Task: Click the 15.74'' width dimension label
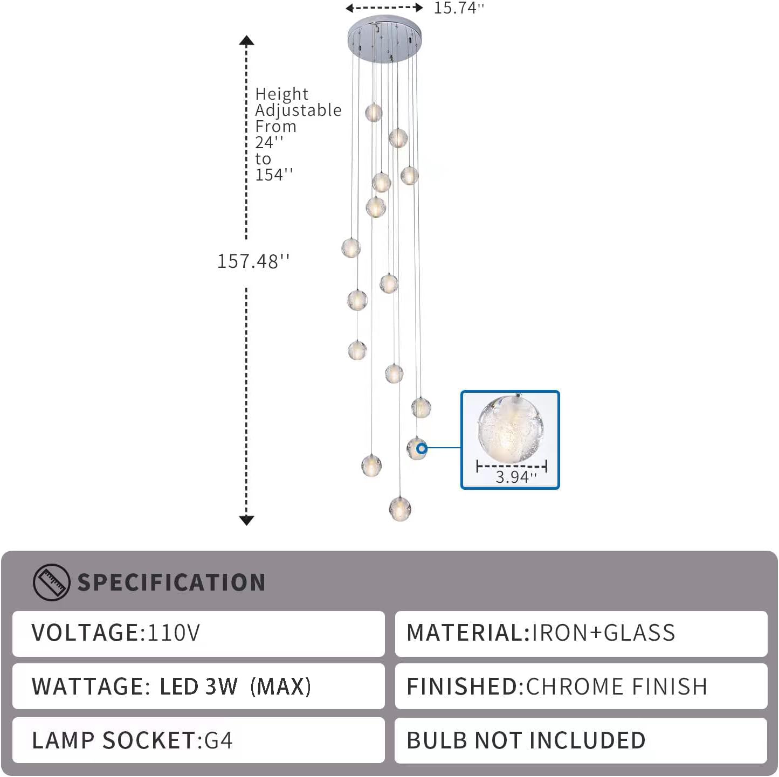(459, 8)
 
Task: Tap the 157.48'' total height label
(253, 261)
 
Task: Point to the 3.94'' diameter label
(516, 477)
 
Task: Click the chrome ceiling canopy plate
(384, 38)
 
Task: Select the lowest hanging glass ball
(400, 508)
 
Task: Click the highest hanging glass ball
(374, 112)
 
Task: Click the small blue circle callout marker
(422, 448)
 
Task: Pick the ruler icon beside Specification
(51, 582)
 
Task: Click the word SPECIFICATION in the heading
(171, 582)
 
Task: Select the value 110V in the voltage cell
(174, 633)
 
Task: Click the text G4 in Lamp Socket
(218, 740)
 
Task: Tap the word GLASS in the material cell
(639, 633)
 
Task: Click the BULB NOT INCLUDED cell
(581, 740)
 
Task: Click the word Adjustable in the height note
(298, 110)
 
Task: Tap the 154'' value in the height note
(274, 175)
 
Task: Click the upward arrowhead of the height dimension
(246, 40)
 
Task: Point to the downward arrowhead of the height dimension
(246, 521)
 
